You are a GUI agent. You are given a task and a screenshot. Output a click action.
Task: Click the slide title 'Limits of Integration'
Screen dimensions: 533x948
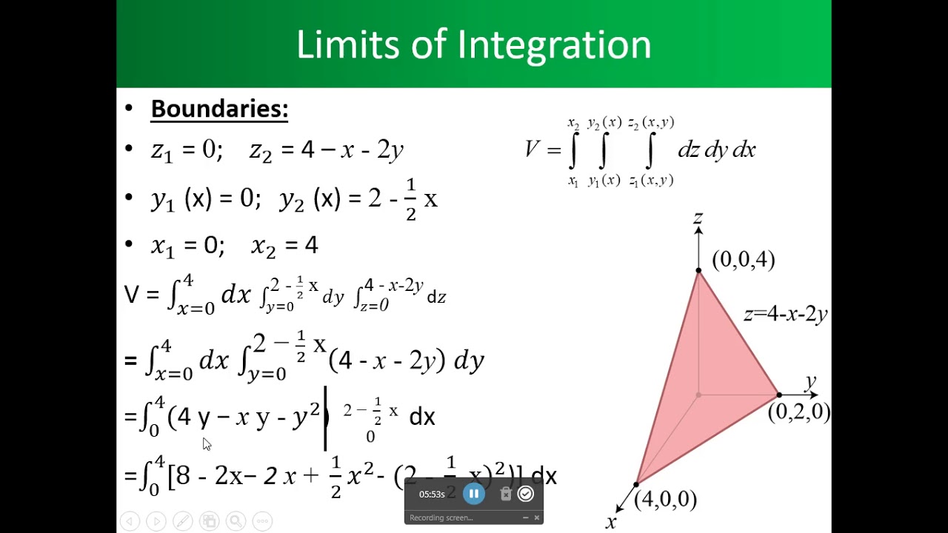click(x=473, y=44)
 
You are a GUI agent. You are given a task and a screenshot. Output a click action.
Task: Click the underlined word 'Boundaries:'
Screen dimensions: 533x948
click(x=219, y=109)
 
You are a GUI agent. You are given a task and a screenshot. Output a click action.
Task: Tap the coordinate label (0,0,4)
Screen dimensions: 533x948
click(x=743, y=260)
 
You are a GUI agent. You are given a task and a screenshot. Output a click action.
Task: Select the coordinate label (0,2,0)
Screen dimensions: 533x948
click(x=798, y=412)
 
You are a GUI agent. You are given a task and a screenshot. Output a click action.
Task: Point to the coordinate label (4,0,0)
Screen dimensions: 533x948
click(x=665, y=500)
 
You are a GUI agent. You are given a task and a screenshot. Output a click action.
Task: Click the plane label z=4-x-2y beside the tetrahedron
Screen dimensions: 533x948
click(x=785, y=314)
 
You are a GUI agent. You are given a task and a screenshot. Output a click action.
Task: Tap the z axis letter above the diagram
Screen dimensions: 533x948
click(x=698, y=218)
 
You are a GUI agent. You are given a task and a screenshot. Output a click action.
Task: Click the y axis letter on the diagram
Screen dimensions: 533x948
click(x=810, y=382)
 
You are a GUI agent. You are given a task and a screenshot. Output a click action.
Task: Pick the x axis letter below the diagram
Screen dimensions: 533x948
click(x=611, y=523)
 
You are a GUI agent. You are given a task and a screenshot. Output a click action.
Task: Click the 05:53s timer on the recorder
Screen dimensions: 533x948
click(x=432, y=495)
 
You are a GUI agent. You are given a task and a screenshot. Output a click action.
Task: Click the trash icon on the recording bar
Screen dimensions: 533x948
click(x=506, y=494)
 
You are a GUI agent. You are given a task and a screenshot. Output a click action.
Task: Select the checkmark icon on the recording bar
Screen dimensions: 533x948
click(x=526, y=494)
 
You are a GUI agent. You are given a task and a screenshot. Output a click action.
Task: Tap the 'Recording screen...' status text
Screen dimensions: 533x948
click(x=441, y=517)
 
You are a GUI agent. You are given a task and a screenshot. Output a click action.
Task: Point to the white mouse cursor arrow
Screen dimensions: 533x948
click(x=206, y=443)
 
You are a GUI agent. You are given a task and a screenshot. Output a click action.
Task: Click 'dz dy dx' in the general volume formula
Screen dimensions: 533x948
click(x=716, y=150)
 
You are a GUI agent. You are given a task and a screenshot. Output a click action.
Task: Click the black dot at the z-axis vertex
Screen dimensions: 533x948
click(x=698, y=271)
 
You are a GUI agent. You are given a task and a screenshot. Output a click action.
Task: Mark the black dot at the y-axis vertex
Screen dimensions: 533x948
click(x=778, y=395)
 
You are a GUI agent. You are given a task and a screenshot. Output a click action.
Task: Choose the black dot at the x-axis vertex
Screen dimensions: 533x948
click(x=637, y=485)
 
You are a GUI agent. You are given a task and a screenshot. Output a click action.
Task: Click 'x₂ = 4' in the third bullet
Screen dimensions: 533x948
click(x=284, y=245)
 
